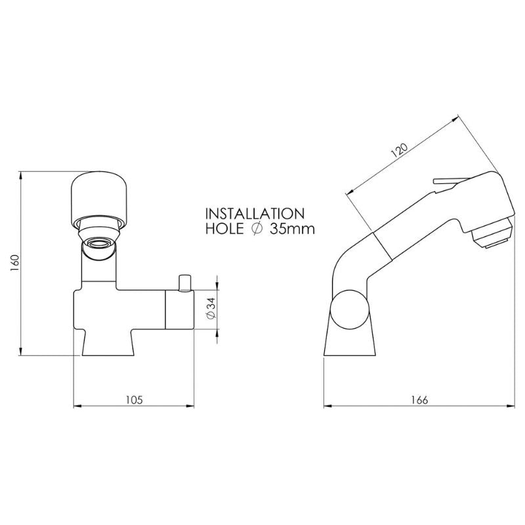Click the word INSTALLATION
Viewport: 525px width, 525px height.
pyautogui.click(x=255, y=214)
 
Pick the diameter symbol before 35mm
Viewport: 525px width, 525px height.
pyautogui.click(x=258, y=229)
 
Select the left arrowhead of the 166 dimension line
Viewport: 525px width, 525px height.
pyautogui.click(x=328, y=406)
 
